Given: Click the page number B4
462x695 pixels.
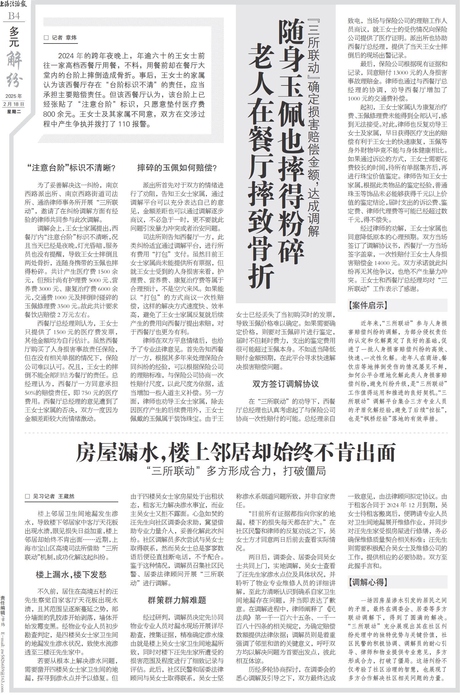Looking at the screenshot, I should pyautogui.click(x=14, y=16).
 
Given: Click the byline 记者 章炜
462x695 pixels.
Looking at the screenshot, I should pyautogui.click(x=61, y=38).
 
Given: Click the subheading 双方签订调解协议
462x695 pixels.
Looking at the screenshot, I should pyautogui.click(x=286, y=384).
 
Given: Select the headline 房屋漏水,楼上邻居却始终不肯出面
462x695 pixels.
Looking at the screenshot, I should pyautogui.click(x=236, y=453).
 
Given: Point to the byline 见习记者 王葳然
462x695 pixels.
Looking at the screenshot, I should pyautogui.click(x=50, y=496).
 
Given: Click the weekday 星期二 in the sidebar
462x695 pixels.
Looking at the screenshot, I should pyautogui.click(x=14, y=111).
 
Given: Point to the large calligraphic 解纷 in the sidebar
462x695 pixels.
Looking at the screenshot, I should pyautogui.click(x=14, y=69).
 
